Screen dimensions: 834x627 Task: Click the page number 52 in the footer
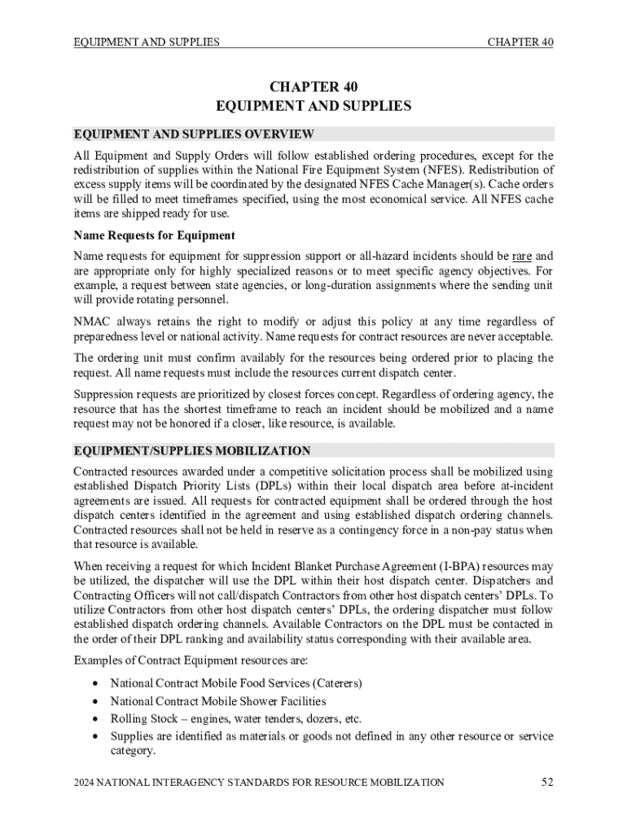(x=547, y=783)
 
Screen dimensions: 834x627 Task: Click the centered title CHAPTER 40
(x=313, y=87)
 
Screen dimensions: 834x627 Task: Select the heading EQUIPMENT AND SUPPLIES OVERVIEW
(x=194, y=134)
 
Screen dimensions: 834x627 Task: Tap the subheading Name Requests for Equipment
(x=155, y=236)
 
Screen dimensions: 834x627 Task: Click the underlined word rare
(x=521, y=257)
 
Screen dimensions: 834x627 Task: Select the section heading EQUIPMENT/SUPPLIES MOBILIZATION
(x=192, y=450)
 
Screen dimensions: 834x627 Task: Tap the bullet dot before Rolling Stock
(x=97, y=718)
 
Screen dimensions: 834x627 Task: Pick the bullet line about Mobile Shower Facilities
(x=218, y=700)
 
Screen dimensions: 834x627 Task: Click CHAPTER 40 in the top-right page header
(x=521, y=42)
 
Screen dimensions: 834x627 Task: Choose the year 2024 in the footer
(x=85, y=784)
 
